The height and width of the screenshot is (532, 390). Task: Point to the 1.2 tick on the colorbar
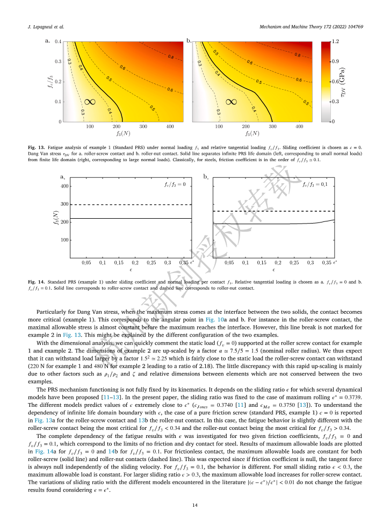pos(336,41)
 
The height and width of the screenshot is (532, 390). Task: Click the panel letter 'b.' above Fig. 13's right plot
pos(189,40)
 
